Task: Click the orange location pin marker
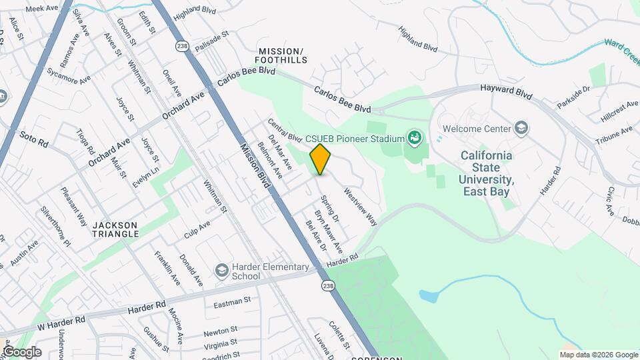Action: (321, 159)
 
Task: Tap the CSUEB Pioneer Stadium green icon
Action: (415, 138)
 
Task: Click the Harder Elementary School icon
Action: (221, 270)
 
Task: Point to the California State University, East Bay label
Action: (487, 173)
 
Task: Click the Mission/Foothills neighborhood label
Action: (283, 55)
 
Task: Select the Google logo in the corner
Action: (21, 352)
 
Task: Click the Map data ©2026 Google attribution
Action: (598, 355)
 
